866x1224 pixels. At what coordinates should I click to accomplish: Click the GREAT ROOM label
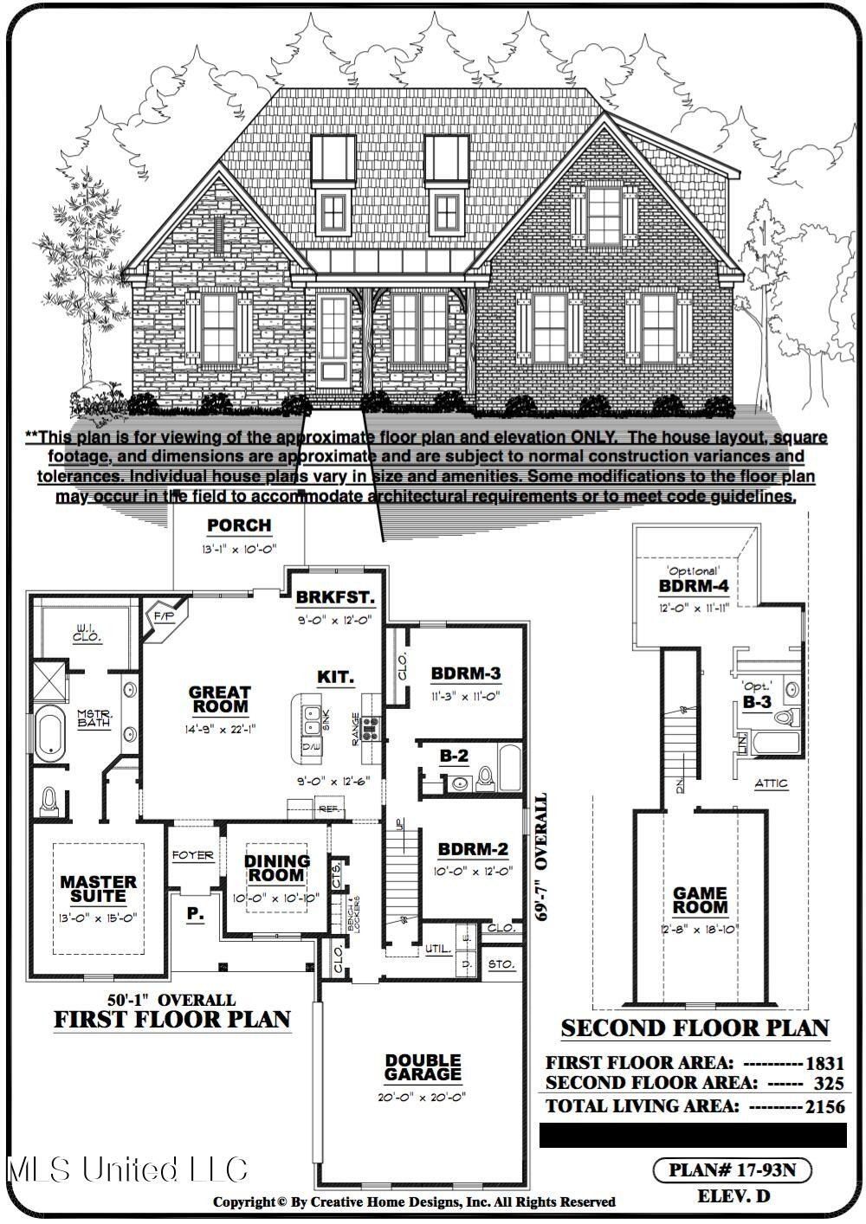(x=220, y=699)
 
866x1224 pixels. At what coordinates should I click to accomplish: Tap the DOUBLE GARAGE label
(x=423, y=1066)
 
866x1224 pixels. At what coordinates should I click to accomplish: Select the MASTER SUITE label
(x=98, y=889)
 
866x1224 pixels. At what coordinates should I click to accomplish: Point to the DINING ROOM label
(x=276, y=867)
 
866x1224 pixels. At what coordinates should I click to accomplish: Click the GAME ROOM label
(x=701, y=900)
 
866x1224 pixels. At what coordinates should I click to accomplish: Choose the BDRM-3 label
(x=466, y=673)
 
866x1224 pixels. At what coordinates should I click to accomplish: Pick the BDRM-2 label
(x=473, y=849)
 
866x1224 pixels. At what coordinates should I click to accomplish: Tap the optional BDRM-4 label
(x=694, y=586)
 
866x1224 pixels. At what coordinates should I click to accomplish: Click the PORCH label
(x=239, y=525)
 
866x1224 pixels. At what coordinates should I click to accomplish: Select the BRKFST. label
(x=334, y=597)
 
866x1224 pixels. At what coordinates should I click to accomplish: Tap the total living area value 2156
(x=824, y=1105)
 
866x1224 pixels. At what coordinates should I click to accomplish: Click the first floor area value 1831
(x=824, y=1063)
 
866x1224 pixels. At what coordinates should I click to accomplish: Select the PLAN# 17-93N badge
(x=732, y=1170)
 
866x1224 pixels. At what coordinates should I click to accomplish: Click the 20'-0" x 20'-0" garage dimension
(x=423, y=1097)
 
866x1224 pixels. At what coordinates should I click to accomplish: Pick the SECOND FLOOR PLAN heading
(x=695, y=1028)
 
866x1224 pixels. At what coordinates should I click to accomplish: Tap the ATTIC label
(x=771, y=783)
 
